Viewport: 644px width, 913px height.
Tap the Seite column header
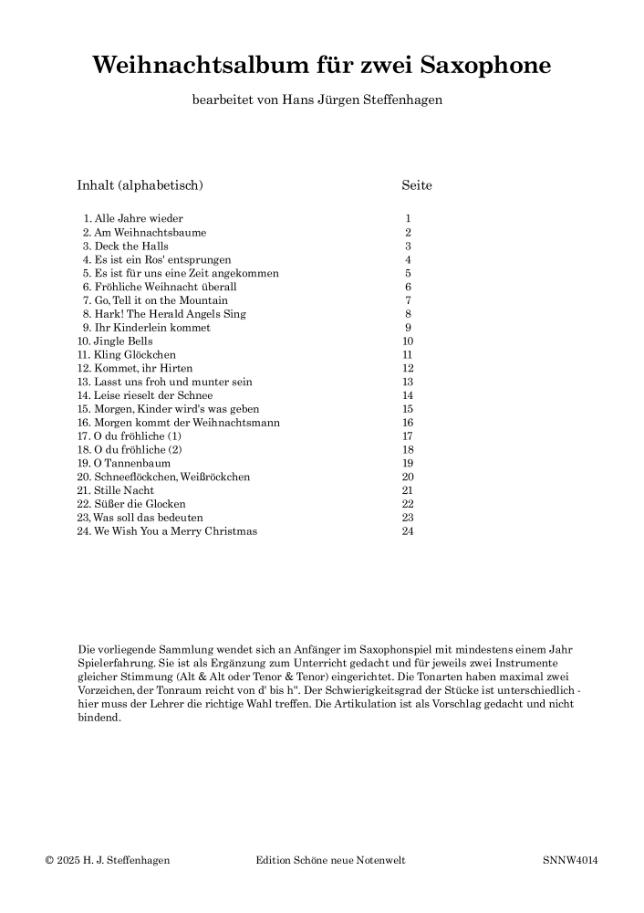tap(417, 185)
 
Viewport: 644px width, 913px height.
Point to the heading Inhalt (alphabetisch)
tap(140, 185)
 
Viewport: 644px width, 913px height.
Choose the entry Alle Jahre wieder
tap(139, 219)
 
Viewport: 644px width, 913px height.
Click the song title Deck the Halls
tap(131, 247)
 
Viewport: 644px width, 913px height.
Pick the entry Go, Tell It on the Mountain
tap(161, 300)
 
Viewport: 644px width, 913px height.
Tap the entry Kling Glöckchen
tap(135, 354)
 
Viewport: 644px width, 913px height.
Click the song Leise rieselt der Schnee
tap(153, 395)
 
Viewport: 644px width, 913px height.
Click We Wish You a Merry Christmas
tap(175, 531)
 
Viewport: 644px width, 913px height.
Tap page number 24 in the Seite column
tap(408, 531)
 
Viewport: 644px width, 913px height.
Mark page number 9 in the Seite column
tap(408, 328)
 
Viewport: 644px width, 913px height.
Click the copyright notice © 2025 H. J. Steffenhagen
tap(108, 860)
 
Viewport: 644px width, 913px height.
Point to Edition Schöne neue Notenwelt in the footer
tap(330, 860)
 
